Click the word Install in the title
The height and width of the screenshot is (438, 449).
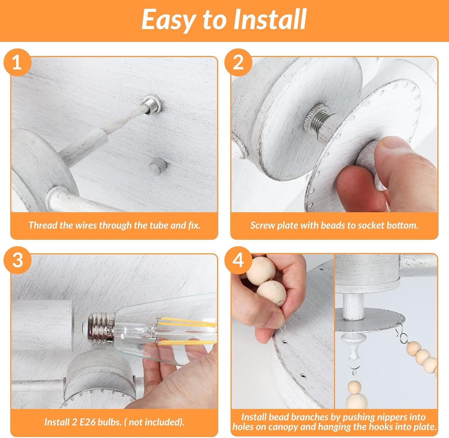[x=270, y=19]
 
